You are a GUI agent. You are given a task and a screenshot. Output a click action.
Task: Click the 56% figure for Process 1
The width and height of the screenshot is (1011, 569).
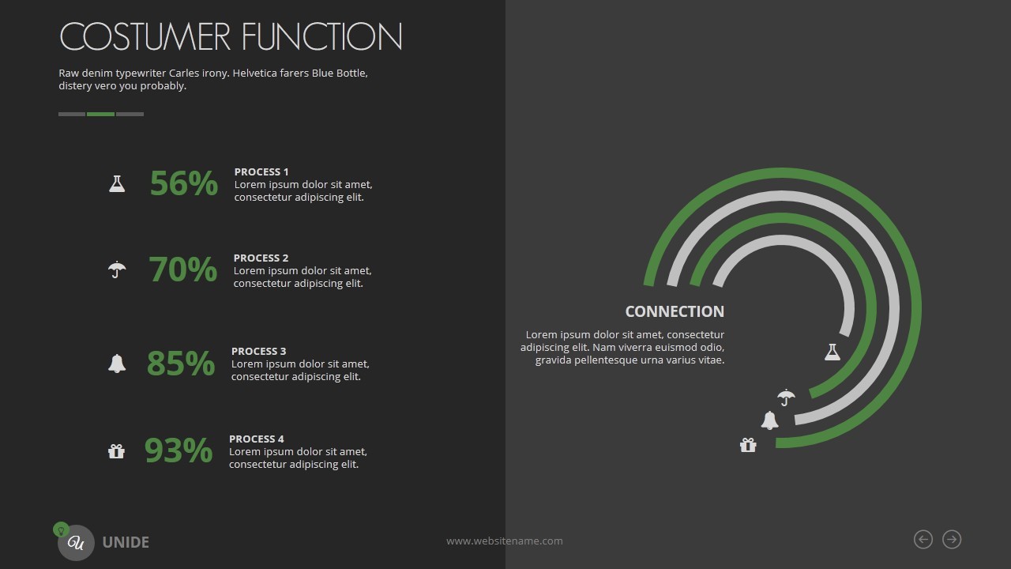tap(184, 183)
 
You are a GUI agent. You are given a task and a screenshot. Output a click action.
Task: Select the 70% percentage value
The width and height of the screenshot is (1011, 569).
tap(182, 269)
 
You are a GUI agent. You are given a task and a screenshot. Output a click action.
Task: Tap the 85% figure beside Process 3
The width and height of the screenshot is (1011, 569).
tap(181, 363)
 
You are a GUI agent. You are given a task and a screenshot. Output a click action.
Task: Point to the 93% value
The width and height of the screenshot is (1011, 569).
tap(179, 450)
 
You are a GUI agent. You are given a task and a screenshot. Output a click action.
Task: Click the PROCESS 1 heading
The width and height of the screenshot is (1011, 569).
tap(261, 172)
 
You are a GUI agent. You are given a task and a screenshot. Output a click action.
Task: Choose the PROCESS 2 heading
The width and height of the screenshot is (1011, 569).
tap(261, 258)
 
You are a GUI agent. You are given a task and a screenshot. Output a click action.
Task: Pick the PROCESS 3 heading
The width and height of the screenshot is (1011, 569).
tap(258, 352)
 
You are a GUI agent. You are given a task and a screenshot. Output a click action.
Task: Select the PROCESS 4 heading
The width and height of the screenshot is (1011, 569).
tap(257, 439)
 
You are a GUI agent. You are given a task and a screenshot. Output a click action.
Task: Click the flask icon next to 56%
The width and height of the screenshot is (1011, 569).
tap(117, 184)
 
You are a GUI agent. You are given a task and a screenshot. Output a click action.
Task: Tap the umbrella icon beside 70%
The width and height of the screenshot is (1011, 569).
tap(117, 269)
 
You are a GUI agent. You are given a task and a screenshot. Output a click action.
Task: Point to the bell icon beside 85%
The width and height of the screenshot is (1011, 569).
tap(117, 364)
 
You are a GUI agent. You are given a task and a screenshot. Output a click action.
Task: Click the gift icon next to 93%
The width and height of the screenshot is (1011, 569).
tap(116, 451)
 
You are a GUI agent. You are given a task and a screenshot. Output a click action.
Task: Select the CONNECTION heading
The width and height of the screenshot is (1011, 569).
tap(675, 311)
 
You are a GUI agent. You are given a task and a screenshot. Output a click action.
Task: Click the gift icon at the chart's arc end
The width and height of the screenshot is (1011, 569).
tap(748, 445)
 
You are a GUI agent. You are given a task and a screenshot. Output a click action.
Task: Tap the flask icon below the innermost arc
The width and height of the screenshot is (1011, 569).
tap(832, 352)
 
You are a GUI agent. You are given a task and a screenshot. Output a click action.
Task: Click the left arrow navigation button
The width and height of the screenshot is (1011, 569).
tap(923, 540)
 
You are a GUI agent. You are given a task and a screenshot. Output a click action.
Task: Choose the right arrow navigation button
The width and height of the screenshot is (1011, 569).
tap(952, 540)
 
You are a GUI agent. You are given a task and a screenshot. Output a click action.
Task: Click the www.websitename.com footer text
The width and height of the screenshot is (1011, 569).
tap(505, 541)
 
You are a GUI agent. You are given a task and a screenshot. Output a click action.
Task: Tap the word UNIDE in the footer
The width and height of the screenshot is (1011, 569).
tap(126, 542)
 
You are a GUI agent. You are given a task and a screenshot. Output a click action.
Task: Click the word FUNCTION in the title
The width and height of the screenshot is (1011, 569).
tap(321, 36)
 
